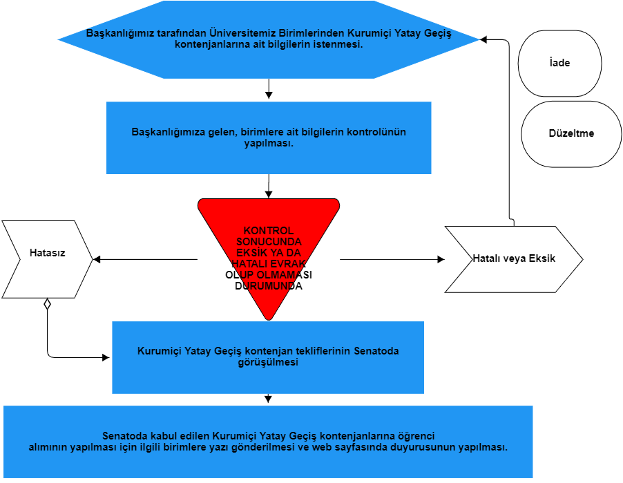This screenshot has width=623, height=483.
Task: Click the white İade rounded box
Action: (559, 63)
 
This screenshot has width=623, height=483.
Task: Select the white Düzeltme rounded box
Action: (571, 134)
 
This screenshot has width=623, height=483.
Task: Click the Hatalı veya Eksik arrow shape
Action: (513, 259)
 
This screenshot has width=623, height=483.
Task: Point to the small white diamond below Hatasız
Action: (47, 303)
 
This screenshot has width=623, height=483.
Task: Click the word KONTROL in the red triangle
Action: (269, 231)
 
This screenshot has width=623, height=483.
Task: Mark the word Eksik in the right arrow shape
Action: (541, 259)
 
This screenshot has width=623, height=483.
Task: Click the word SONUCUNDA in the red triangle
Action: (269, 242)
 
